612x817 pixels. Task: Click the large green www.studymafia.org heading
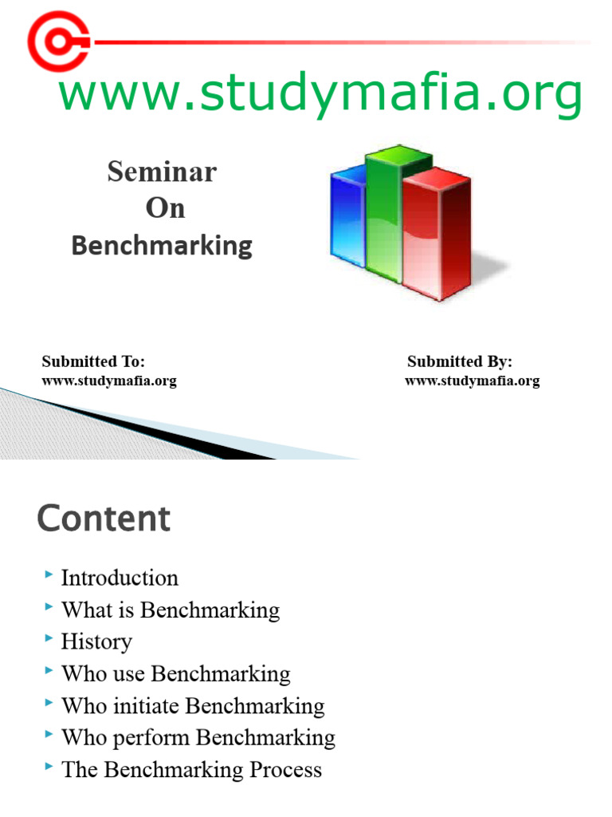coord(320,94)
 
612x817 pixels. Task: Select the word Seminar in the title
coord(162,172)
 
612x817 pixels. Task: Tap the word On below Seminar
coord(165,208)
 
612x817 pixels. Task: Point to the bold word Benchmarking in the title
coord(162,245)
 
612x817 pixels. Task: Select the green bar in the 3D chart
coord(384,211)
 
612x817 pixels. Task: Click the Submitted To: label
coord(93,361)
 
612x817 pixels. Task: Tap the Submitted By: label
coord(460,361)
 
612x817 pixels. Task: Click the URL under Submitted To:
coord(109,381)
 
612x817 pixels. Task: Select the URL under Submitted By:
coord(473,381)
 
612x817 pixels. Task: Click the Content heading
coord(104,519)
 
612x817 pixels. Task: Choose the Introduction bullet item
coord(120,578)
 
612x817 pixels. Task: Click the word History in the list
coord(96,641)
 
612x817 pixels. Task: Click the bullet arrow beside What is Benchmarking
coord(49,607)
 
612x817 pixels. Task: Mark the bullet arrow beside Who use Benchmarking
coord(49,671)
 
